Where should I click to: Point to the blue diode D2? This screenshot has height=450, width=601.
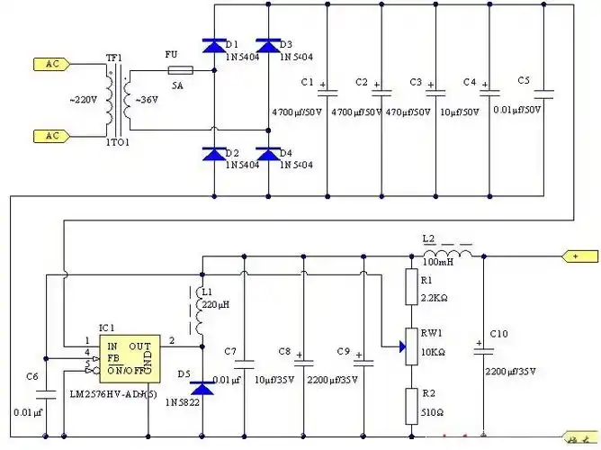click(x=214, y=156)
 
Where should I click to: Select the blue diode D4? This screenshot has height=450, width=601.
click(x=267, y=156)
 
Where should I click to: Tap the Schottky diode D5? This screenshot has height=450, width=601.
click(x=202, y=389)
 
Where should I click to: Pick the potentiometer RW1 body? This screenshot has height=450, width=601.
click(x=410, y=345)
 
